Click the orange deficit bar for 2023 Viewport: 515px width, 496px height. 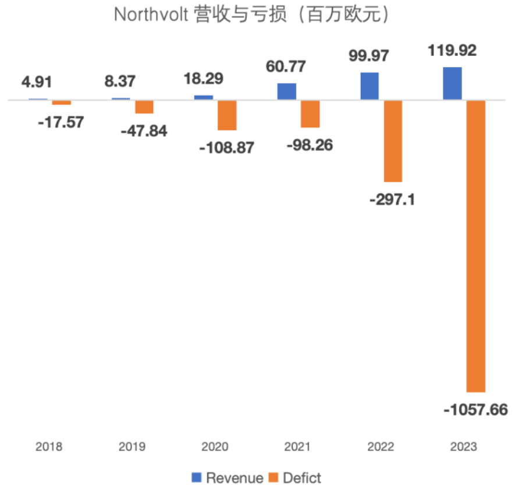476,245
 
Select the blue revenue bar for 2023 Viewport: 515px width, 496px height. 452,83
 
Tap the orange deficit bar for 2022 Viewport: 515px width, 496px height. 393,140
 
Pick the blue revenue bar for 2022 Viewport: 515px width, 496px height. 370,86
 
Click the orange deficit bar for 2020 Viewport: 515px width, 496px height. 227,115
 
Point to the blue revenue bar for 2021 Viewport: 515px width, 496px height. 286,92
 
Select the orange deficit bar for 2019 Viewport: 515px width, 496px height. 144,107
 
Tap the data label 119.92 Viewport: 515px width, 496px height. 452,51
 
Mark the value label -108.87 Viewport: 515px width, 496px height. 227,147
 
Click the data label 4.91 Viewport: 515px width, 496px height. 37,82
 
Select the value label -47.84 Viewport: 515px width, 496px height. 144,131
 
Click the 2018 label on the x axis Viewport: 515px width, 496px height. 49,447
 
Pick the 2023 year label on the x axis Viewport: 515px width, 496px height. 464,447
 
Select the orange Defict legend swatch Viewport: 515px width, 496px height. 274,479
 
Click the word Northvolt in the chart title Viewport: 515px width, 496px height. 149,15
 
